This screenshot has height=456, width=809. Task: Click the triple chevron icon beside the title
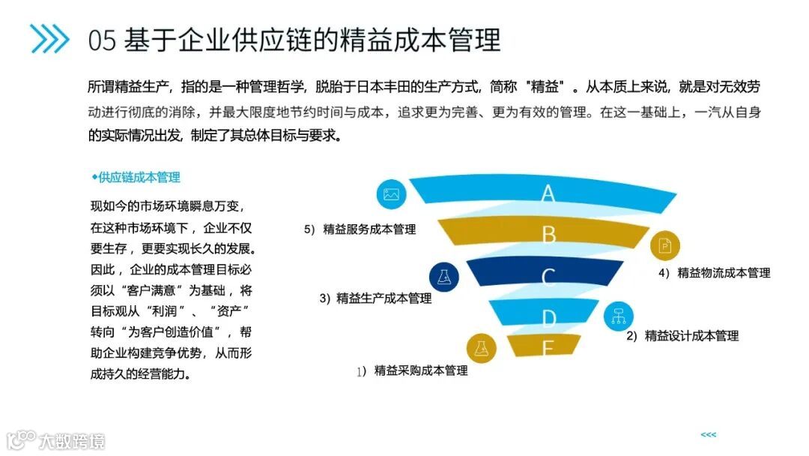click(x=49, y=38)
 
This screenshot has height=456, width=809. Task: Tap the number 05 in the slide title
click(x=102, y=40)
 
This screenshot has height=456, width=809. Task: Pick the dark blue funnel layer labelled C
click(x=548, y=277)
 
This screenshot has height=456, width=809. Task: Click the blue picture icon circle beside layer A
click(x=390, y=194)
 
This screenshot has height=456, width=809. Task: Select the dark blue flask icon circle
click(x=444, y=277)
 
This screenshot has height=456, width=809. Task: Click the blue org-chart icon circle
click(x=619, y=316)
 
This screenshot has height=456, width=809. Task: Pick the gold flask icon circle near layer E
click(x=481, y=347)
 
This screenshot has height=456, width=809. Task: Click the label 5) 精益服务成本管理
click(x=360, y=229)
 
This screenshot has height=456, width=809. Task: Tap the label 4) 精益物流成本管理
click(x=714, y=273)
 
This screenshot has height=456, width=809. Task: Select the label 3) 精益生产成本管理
click(x=375, y=298)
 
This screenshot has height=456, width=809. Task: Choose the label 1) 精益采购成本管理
click(x=412, y=370)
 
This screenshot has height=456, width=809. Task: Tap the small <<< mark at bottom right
click(x=708, y=434)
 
